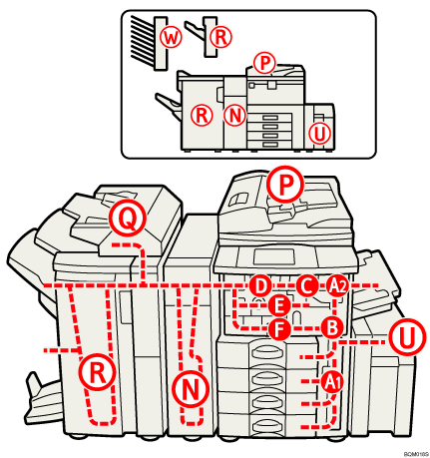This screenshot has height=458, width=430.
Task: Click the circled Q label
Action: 126,214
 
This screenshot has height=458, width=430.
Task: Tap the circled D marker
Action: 259,285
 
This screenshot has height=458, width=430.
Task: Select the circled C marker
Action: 307,285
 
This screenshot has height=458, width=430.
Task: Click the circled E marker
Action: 280,303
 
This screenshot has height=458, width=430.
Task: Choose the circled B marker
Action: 333,325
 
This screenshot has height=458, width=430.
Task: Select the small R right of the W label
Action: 220,37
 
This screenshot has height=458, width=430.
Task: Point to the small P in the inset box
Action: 263,63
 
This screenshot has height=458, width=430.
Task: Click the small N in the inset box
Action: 234,113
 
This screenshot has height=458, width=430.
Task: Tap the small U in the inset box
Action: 319,133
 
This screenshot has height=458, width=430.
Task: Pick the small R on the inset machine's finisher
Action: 203,113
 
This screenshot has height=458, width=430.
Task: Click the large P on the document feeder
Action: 285,184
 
